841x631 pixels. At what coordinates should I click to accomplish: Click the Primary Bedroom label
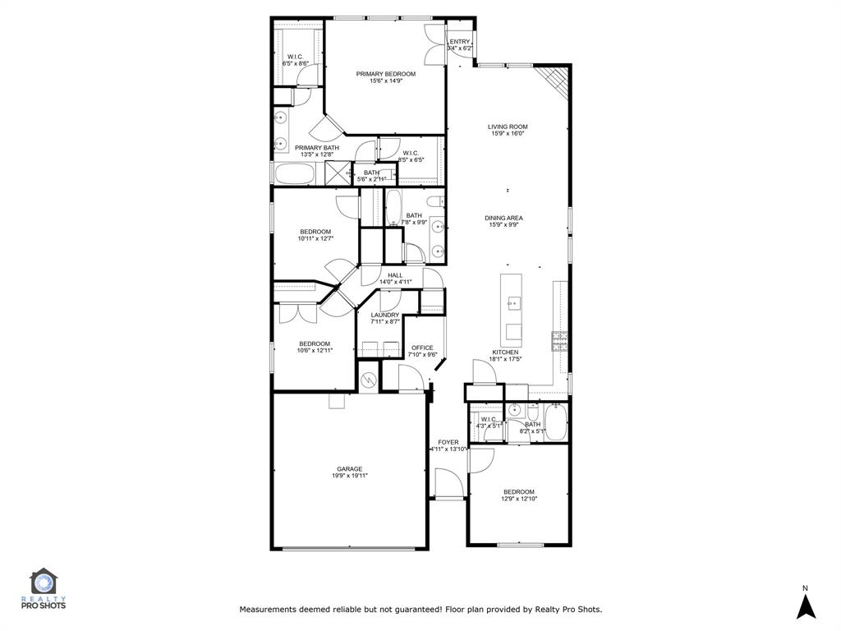click(x=385, y=74)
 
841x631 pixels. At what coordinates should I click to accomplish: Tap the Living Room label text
click(x=508, y=127)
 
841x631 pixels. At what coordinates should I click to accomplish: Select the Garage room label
click(x=349, y=469)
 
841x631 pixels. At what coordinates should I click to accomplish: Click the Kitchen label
click(x=505, y=352)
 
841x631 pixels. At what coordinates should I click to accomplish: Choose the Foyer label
click(x=448, y=442)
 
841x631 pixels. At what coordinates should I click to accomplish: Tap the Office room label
click(x=422, y=348)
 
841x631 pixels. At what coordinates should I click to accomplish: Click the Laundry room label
click(x=384, y=315)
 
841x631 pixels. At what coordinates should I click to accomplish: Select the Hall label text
click(x=395, y=275)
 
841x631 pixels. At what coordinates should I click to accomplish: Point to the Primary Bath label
click(x=317, y=148)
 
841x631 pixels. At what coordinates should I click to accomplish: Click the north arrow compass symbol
click(x=806, y=606)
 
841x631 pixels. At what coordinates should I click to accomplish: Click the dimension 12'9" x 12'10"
click(x=518, y=499)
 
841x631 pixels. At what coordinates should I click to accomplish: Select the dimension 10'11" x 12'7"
click(x=315, y=239)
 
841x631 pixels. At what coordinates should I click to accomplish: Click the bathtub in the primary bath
click(x=293, y=174)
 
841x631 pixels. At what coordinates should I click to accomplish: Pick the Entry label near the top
click(x=460, y=42)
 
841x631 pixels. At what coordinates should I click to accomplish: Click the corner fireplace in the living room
click(x=556, y=80)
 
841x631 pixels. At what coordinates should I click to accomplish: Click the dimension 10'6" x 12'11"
click(x=315, y=351)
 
